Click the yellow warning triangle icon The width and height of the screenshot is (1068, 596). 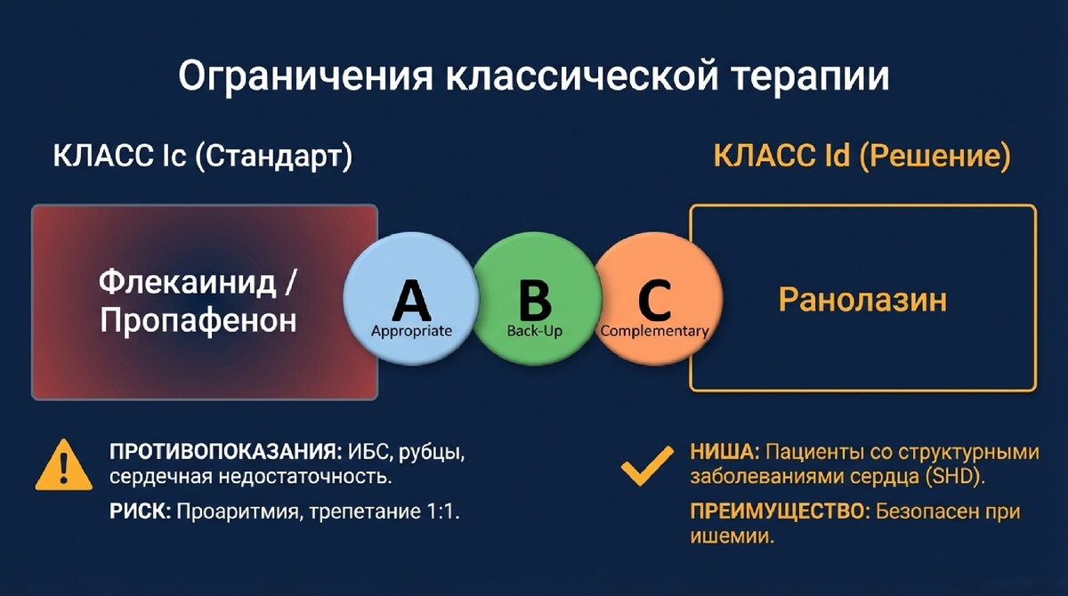(63, 466)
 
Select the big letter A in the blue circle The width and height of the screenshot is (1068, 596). (411, 300)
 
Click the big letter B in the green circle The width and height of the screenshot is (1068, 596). (534, 301)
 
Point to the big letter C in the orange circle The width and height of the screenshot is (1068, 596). (655, 301)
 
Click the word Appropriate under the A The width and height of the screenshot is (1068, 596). (411, 331)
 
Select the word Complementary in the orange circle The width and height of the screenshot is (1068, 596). (654, 331)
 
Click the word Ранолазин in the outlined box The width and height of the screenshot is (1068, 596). (862, 300)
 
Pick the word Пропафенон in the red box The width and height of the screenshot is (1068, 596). (198, 320)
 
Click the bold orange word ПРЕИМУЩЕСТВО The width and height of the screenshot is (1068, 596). (780, 512)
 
